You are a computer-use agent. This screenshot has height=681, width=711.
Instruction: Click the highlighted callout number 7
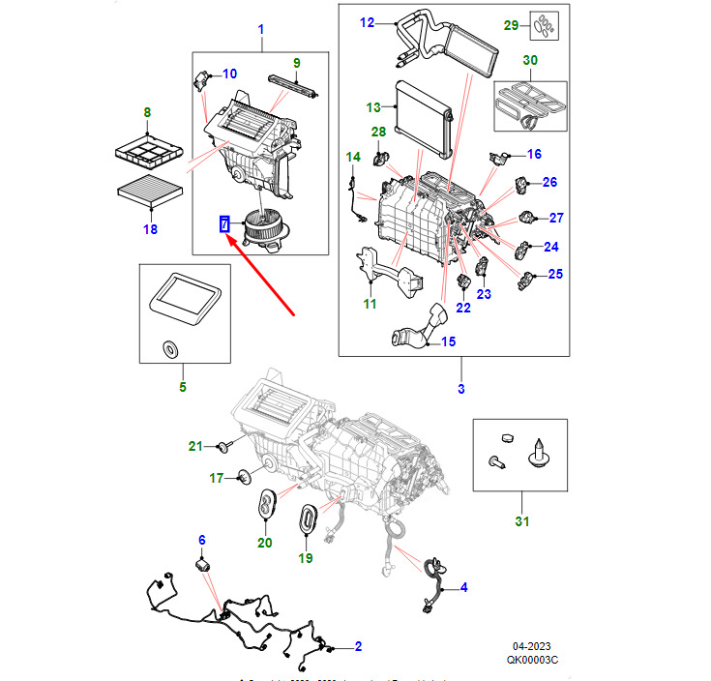224,224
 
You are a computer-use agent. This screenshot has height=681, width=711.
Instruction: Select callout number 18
149,229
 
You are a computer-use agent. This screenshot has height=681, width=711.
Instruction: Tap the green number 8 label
147,112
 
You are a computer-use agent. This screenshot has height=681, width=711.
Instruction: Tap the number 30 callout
529,60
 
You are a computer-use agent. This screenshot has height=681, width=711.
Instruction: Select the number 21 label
195,446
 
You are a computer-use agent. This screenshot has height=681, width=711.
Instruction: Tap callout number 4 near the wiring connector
462,587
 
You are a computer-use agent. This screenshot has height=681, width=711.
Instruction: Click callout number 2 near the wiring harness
357,645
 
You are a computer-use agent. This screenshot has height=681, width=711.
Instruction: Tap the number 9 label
297,63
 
